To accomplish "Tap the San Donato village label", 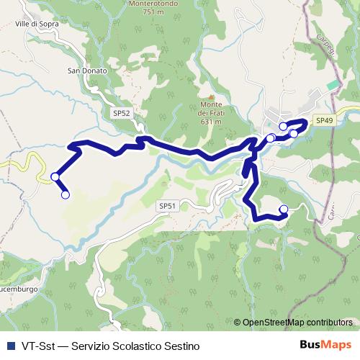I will click(87, 71).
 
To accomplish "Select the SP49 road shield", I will click(325, 121).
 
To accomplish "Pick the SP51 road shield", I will click(167, 206).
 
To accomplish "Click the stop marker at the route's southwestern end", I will click(66, 194).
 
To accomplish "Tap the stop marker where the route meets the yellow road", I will click(55, 176).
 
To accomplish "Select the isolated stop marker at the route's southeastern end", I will click(283, 210).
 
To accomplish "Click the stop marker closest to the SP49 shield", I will click(294, 133).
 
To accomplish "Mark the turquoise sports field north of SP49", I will click(332, 85).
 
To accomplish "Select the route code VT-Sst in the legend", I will click(37, 346).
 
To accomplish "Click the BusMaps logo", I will click(326, 345).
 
